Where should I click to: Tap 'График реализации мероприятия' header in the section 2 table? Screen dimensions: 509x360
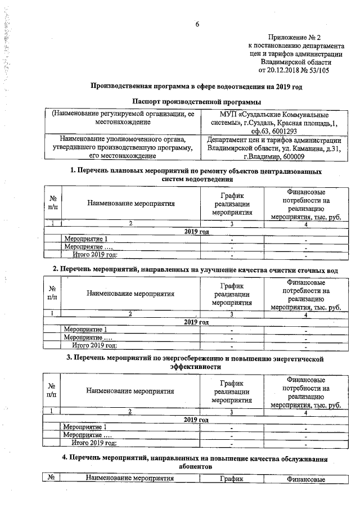231,294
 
